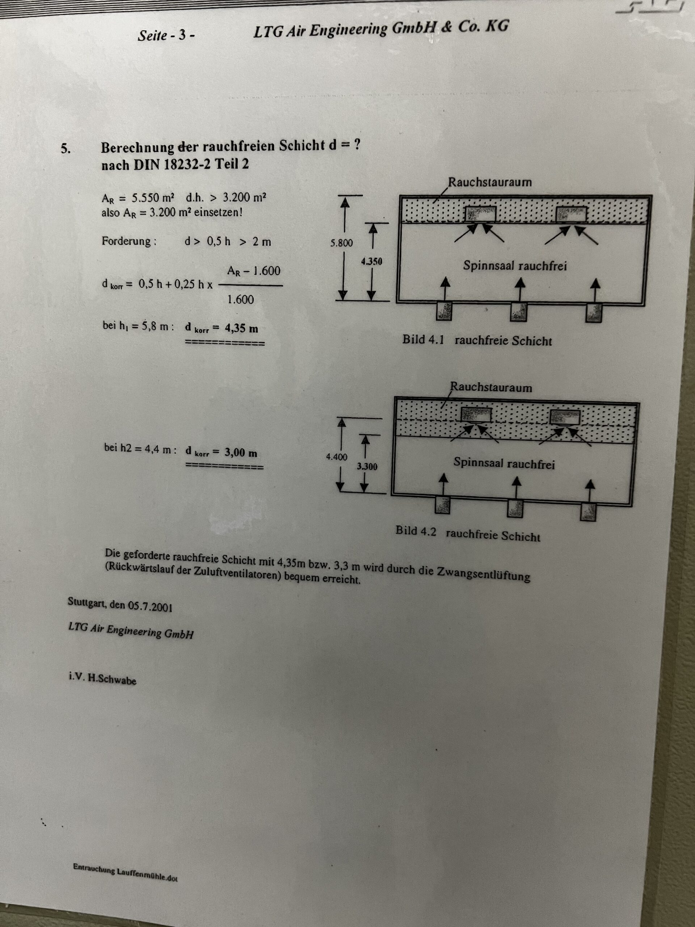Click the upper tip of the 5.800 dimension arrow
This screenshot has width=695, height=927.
(344, 198)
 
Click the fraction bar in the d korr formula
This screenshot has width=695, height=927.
(250, 286)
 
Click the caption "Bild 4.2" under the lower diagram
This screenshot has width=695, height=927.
(416, 531)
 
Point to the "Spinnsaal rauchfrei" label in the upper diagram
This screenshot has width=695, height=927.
(515, 266)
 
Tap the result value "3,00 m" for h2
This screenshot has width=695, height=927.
(241, 453)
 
